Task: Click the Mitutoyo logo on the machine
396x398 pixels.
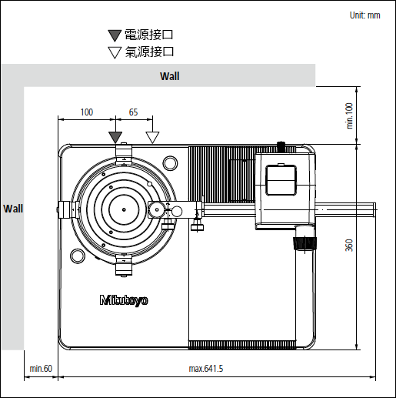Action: point(124,300)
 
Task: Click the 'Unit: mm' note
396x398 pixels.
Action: point(365,15)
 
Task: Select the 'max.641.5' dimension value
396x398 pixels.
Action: point(206,369)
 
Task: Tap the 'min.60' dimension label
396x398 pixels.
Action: point(41,369)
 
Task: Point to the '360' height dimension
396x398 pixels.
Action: point(349,245)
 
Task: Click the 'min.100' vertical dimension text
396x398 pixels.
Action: point(350,115)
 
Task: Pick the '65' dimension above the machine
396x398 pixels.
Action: point(133,112)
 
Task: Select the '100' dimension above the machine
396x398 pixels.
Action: point(87,112)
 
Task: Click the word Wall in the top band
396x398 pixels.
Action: point(170,76)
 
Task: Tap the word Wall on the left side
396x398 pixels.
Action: point(13,209)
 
